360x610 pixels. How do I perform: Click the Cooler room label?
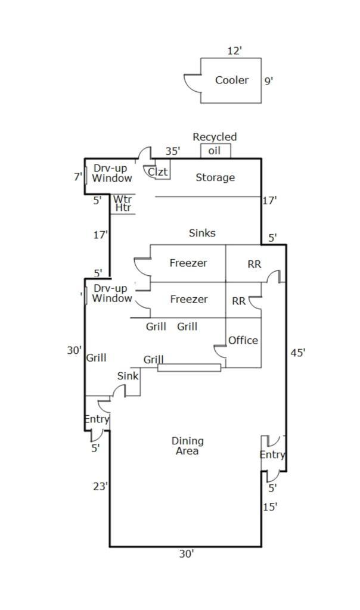coord(231,80)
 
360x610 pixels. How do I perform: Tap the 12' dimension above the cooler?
coord(234,51)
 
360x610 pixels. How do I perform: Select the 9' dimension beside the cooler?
coord(268,80)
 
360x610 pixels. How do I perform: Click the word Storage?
coord(215,178)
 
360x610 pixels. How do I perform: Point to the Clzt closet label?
coord(158,172)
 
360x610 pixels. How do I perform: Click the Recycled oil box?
coord(215,151)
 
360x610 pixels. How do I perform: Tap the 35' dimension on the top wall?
coord(172,151)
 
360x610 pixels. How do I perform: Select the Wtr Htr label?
coord(123,204)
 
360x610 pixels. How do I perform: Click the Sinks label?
coord(202,233)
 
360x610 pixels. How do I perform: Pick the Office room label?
coord(243,340)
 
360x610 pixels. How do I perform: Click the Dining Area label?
coord(187,446)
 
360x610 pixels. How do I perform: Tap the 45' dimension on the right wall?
coord(298,353)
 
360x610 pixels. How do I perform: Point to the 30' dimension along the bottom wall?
coord(187,554)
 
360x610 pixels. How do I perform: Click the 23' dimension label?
coord(101,487)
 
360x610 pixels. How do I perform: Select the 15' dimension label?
coord(270,507)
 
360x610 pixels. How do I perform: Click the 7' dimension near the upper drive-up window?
coord(77,176)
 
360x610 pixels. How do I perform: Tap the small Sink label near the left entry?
coord(128,376)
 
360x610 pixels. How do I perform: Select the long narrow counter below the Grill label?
coord(189,368)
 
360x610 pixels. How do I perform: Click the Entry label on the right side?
coord(272,455)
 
